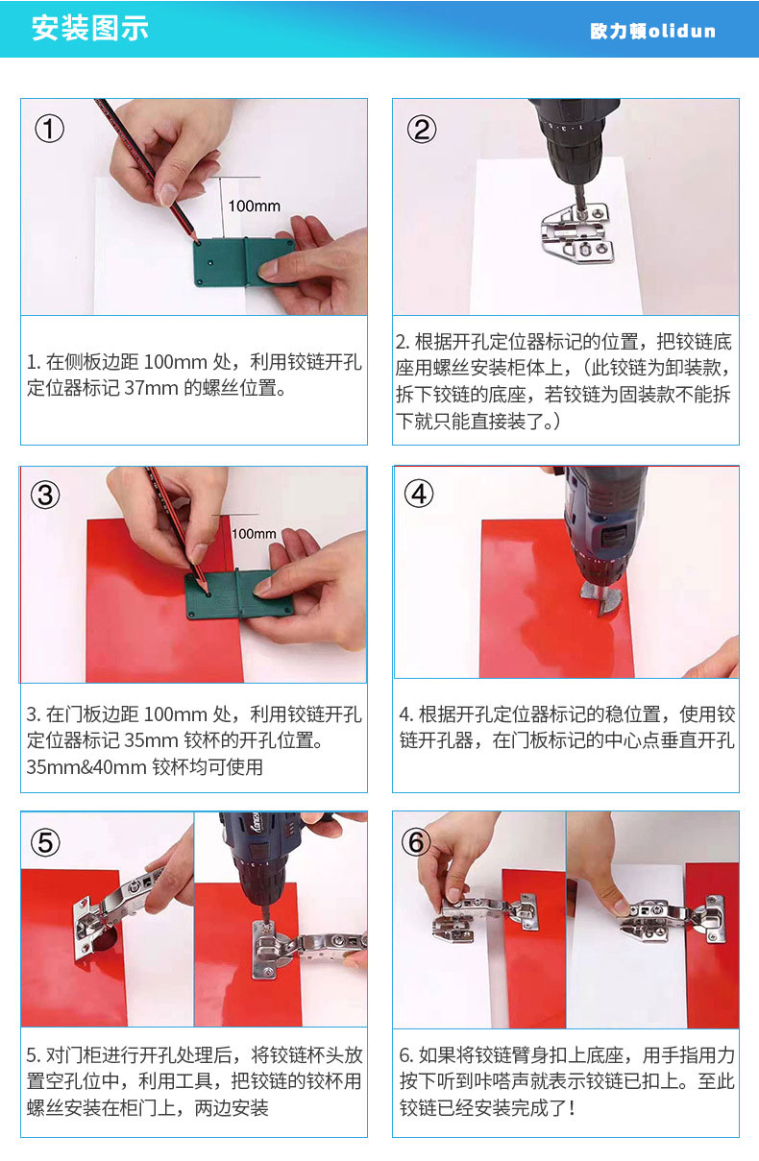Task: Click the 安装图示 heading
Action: tap(90, 28)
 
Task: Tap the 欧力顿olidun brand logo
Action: tap(652, 31)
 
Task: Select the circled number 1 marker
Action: tap(49, 129)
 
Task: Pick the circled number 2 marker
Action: tap(422, 129)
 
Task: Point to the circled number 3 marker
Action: tap(45, 496)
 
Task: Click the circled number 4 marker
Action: tap(419, 494)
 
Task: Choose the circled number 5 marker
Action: tap(45, 842)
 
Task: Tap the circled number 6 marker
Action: tap(416, 842)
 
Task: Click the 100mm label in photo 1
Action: tap(254, 206)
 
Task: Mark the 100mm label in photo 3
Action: tap(254, 533)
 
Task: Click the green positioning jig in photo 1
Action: tap(244, 262)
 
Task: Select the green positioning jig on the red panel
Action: tap(239, 594)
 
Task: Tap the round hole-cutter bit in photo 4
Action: tap(601, 597)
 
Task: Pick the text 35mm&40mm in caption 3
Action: tap(86, 766)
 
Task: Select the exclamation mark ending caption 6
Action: tap(572, 1108)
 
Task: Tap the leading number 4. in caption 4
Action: tap(406, 714)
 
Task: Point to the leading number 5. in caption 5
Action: tap(34, 1055)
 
